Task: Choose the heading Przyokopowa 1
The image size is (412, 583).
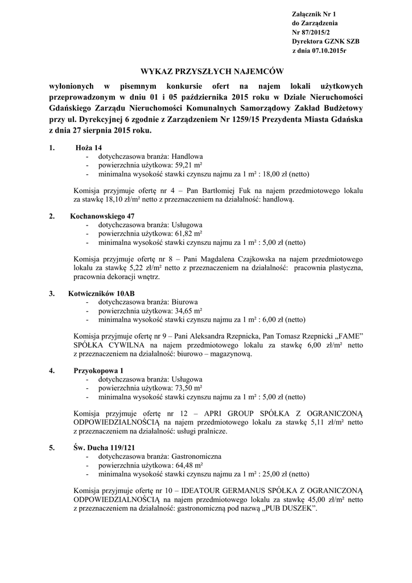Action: (x=97, y=371)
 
